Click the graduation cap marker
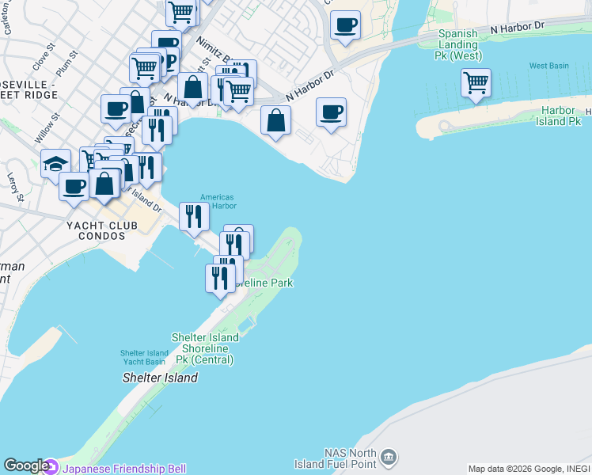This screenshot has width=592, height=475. point(55,165)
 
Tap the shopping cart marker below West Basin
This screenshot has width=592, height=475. point(476,82)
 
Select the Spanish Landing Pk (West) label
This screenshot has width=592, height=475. point(458,45)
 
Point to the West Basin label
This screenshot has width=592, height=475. point(549,66)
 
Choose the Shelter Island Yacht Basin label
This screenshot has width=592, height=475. point(144,358)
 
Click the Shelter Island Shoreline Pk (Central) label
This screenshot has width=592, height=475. point(206,348)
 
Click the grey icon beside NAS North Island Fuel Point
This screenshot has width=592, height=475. point(389,457)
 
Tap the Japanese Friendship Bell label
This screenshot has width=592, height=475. point(124,469)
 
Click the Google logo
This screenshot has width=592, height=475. point(25,466)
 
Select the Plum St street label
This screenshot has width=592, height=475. point(67,65)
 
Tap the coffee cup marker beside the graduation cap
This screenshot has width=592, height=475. point(74,187)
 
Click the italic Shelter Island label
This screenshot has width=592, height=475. point(160,378)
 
